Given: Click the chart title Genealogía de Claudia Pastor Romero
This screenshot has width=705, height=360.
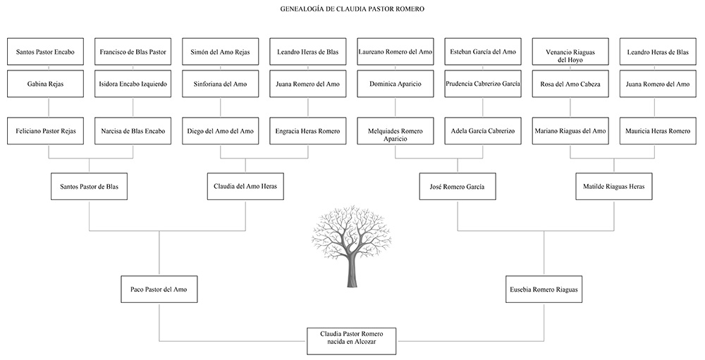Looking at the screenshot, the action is pos(352,8).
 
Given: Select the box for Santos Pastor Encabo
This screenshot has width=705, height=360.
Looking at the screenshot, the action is pos(45,51).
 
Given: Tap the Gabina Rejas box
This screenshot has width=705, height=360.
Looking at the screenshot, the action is pos(45,84).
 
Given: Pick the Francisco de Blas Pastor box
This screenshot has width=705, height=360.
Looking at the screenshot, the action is pos(133,51).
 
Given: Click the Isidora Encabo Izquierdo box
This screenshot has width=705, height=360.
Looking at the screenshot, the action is pos(133,84).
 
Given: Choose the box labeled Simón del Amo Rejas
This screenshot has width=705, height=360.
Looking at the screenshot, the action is pos(220,51).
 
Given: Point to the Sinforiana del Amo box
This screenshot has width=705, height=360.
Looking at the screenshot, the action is pos(220,84).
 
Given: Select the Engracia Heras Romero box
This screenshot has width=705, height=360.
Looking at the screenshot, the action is pos(308,131).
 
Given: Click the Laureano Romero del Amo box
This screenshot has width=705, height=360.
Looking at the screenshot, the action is pos(396,51).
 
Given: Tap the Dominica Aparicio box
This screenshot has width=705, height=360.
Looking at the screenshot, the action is pos(396,84).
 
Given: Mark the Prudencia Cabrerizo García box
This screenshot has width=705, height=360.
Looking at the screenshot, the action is pos(483,84).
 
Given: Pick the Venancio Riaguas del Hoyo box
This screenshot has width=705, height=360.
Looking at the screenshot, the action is pos(570,51).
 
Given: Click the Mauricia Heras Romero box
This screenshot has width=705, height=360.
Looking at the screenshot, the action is pos(658,131).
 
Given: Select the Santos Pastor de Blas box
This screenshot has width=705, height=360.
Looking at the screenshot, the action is pos(89,187).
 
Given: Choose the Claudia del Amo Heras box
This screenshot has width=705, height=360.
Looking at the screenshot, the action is pos(245,186).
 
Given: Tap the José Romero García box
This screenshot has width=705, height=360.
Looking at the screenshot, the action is pos(458,187).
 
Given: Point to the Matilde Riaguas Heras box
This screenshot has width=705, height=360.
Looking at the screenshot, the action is pos(614,187).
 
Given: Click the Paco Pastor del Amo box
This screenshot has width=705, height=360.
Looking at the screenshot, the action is pos(159,290).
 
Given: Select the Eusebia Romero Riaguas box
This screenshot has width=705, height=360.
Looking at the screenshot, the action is pos(544,290).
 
